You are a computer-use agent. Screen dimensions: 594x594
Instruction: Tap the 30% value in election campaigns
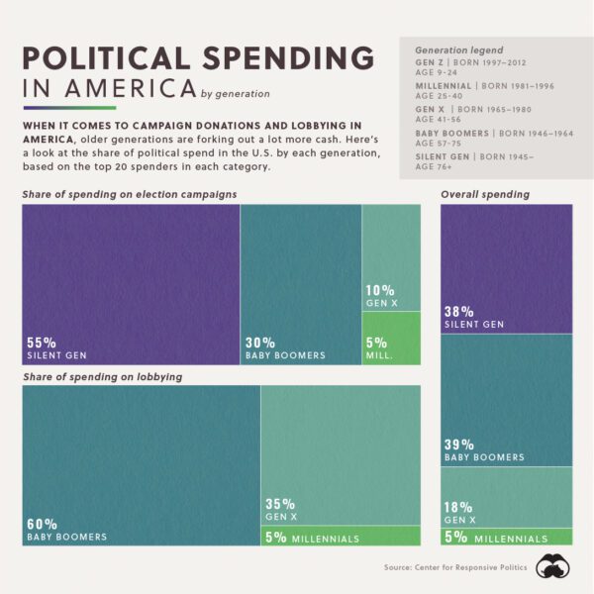[x=261, y=342]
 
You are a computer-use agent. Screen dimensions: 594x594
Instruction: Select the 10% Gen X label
[x=381, y=296]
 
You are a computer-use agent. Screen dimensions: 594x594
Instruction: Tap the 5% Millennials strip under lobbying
[x=340, y=538]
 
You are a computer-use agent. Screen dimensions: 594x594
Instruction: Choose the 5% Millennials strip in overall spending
[x=506, y=538]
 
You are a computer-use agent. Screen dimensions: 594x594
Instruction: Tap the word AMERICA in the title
[x=132, y=89]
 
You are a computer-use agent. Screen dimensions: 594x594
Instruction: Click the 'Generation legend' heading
[x=458, y=49]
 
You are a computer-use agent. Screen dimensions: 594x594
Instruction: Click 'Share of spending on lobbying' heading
[x=102, y=377]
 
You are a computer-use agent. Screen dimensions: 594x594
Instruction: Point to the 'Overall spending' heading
[x=485, y=195]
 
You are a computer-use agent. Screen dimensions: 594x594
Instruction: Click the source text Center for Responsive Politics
[x=475, y=567]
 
